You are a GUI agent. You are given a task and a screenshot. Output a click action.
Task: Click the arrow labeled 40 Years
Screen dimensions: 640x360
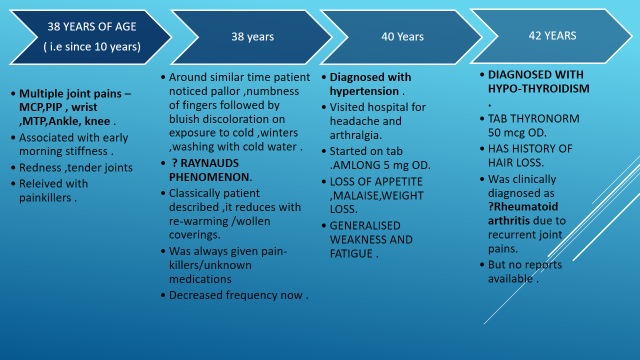point(402,37)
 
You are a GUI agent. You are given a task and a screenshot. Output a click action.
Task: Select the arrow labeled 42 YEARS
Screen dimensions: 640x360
point(552,36)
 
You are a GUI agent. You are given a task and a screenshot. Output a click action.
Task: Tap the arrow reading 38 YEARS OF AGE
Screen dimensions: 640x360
point(91,37)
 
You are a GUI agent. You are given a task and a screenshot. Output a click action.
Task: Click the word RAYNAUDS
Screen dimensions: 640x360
point(209,163)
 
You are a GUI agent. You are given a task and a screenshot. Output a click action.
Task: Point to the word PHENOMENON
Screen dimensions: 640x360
point(209,177)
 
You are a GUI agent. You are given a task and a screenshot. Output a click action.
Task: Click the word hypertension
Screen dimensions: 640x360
point(364,91)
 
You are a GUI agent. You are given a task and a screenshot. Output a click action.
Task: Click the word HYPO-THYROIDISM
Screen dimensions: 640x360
point(539,89)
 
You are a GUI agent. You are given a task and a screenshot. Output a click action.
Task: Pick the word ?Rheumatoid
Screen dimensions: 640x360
point(523,207)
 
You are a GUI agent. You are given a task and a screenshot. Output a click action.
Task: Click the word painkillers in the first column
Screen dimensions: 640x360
point(45,198)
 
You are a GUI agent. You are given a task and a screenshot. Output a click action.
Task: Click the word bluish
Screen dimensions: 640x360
point(184,119)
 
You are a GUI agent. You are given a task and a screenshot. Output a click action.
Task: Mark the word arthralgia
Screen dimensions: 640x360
point(355,135)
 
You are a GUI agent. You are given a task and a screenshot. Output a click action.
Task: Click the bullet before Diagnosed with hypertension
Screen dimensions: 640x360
point(324,77)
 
